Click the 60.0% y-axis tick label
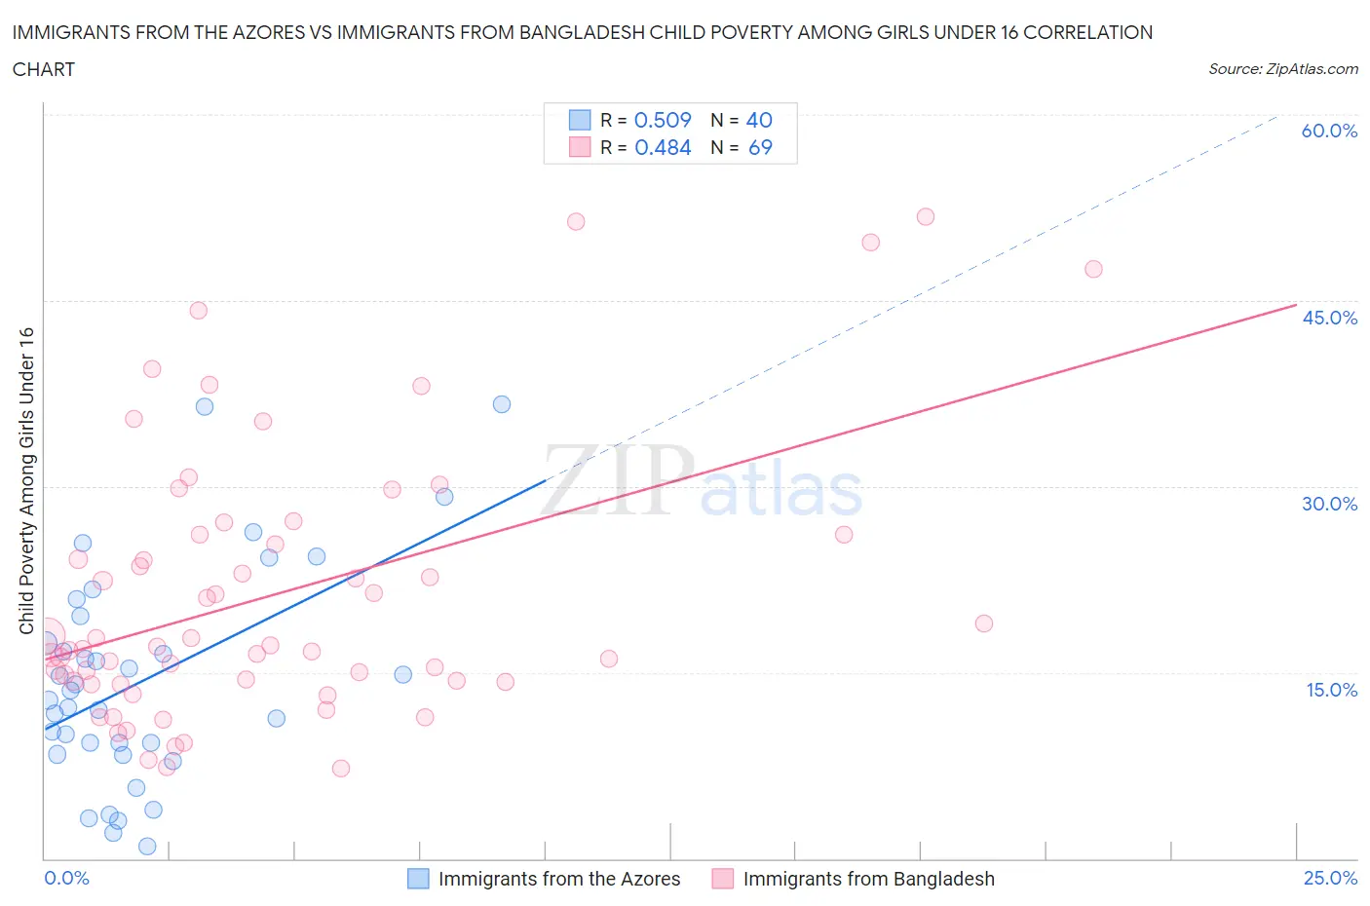tap(1328, 131)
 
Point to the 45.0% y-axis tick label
tap(1329, 318)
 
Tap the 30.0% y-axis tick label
tap(1329, 504)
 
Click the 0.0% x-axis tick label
tap(66, 878)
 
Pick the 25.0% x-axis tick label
tap(1330, 878)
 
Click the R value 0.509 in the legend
tap(663, 120)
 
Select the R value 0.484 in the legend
tap(663, 147)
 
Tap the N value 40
tap(759, 120)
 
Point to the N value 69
tap(760, 147)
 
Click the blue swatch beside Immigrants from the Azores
tap(418, 879)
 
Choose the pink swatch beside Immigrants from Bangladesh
tap(722, 879)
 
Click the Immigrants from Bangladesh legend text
tap(868, 879)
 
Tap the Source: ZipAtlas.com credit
tap(1282, 69)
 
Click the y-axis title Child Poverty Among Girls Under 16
tap(27, 480)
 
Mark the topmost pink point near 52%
tap(926, 216)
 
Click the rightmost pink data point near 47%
tap(1093, 269)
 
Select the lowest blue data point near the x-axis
tap(147, 846)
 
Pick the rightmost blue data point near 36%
tap(502, 404)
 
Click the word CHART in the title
tap(44, 69)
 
